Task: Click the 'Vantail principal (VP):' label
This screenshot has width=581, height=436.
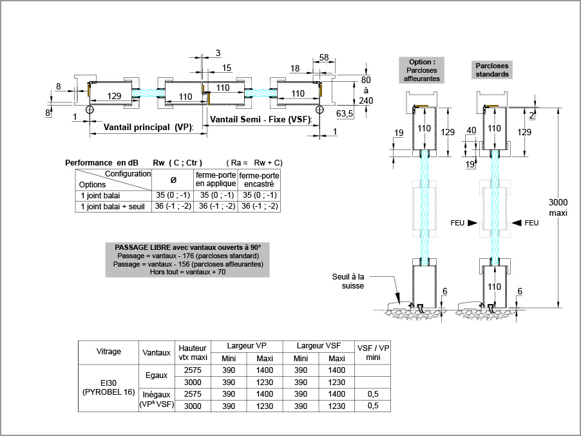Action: click(x=148, y=127)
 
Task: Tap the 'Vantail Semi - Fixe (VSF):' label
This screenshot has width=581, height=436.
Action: click(x=262, y=119)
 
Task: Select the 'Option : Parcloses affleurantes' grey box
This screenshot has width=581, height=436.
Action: click(x=422, y=70)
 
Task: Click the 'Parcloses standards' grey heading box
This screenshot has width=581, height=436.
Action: click(x=492, y=70)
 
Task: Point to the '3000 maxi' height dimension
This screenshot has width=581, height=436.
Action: click(x=558, y=207)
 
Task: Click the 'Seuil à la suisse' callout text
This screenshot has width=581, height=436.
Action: click(x=348, y=281)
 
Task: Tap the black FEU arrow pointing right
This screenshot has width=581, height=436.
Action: click(x=472, y=223)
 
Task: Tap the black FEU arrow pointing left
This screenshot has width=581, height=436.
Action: click(x=517, y=223)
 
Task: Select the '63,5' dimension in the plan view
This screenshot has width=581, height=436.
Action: click(x=345, y=113)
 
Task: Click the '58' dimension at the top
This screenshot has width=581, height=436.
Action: click(x=324, y=57)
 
